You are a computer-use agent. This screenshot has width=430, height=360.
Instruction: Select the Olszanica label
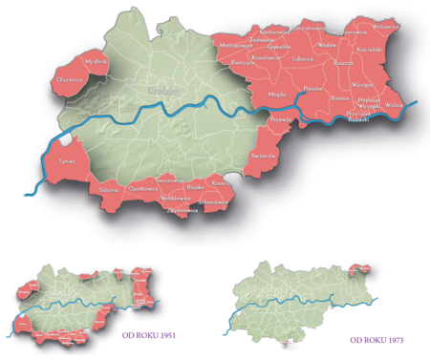pyautogui.click(x=70, y=79)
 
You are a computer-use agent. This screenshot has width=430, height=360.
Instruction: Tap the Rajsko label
pyautogui.click(x=191, y=188)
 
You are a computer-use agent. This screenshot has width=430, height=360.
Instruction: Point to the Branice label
pyautogui.click(x=339, y=97)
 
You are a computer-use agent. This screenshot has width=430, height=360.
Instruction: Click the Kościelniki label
pyautogui.click(x=369, y=49)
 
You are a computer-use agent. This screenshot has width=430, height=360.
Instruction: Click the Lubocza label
pyautogui.click(x=303, y=58)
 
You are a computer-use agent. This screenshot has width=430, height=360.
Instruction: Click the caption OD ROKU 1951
pyautogui.click(x=146, y=335)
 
